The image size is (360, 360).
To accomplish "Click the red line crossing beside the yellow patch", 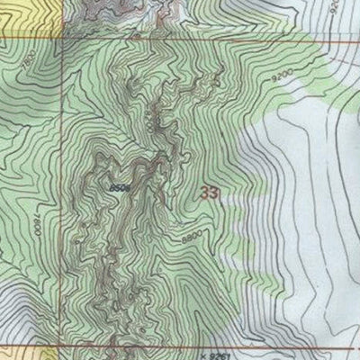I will pos(63,36).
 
